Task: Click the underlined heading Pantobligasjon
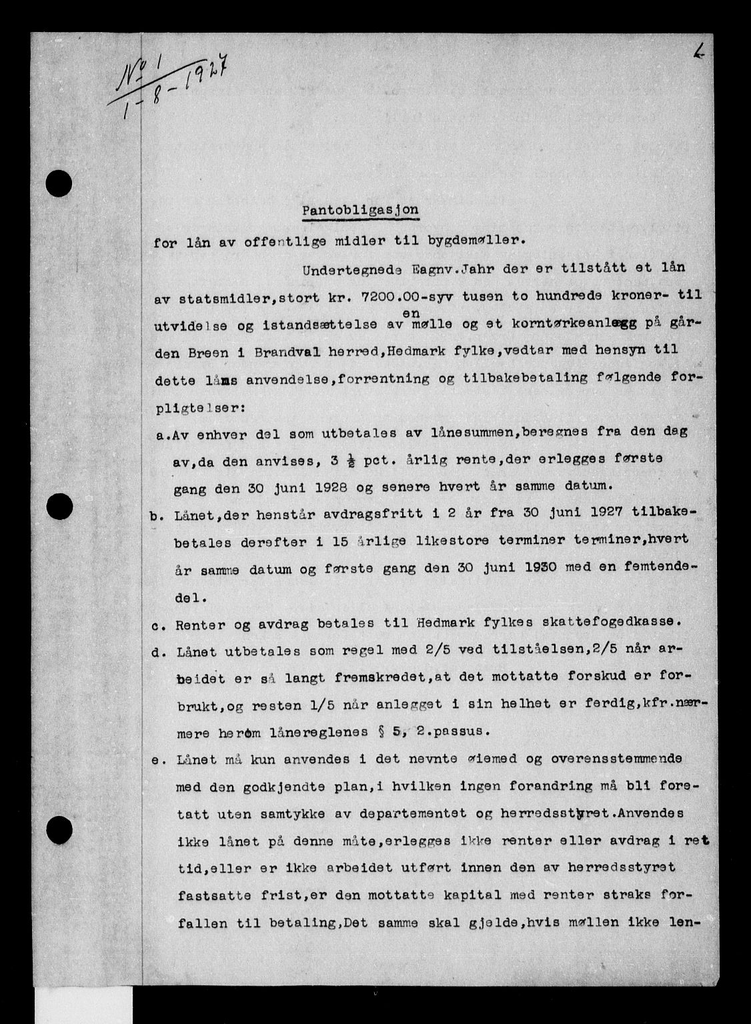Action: point(361,210)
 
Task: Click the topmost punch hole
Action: point(60,181)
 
